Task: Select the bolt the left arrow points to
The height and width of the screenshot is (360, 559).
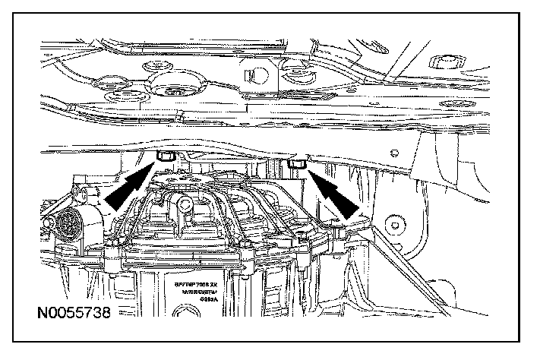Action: click(x=163, y=157)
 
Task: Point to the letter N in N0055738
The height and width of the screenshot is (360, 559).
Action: click(x=29, y=313)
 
